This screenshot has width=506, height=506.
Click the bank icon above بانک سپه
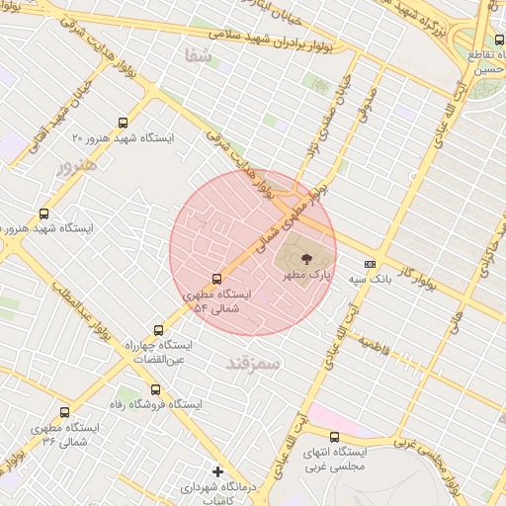(x=370, y=264)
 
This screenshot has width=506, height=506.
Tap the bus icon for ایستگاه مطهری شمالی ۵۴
(x=217, y=279)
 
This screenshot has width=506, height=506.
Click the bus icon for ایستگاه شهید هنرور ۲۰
(x=123, y=124)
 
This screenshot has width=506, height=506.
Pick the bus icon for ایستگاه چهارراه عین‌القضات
(x=158, y=330)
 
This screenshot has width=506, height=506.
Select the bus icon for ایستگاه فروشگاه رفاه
(x=155, y=389)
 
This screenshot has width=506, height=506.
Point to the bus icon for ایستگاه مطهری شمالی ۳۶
(x=65, y=412)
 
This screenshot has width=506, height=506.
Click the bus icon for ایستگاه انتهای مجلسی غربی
(x=334, y=437)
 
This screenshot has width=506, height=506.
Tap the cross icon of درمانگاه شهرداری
(x=217, y=471)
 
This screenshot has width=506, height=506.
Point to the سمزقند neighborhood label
(x=253, y=364)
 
